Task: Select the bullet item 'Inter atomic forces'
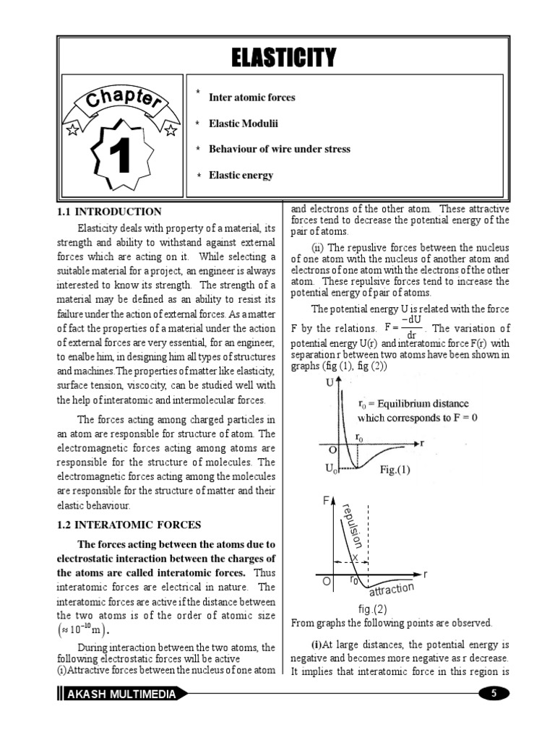point(251,97)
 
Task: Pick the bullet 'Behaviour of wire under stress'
point(279,149)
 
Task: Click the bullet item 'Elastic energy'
point(241,175)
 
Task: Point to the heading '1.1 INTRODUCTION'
point(109,212)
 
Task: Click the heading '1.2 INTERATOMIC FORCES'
point(129,525)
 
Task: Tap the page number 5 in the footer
point(494,694)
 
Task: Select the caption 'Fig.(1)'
point(395,470)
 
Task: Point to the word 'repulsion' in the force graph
point(355,528)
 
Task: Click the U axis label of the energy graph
point(330,383)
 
